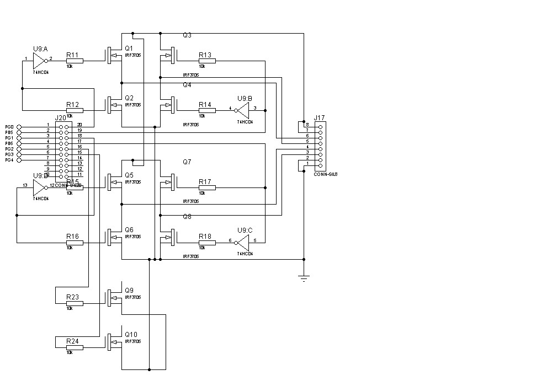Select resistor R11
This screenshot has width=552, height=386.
(75, 61)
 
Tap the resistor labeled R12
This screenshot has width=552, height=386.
(75, 110)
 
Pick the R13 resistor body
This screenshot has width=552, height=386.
(207, 61)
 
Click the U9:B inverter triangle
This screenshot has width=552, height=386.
(243, 110)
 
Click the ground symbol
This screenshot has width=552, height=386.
(304, 277)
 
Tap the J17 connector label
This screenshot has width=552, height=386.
(319, 117)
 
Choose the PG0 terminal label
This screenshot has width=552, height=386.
(9, 127)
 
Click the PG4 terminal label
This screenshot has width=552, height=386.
(9, 160)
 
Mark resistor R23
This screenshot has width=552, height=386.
(75, 303)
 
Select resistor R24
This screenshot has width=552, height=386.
(75, 347)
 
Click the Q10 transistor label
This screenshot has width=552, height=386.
(131, 335)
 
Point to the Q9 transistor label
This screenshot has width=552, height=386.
(129, 291)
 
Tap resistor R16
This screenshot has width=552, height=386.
(75, 243)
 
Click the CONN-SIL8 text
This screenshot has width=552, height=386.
(325, 174)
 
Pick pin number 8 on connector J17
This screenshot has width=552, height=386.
(307, 125)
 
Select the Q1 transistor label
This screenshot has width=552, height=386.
(129, 49)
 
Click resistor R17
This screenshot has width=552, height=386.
(207, 187)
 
